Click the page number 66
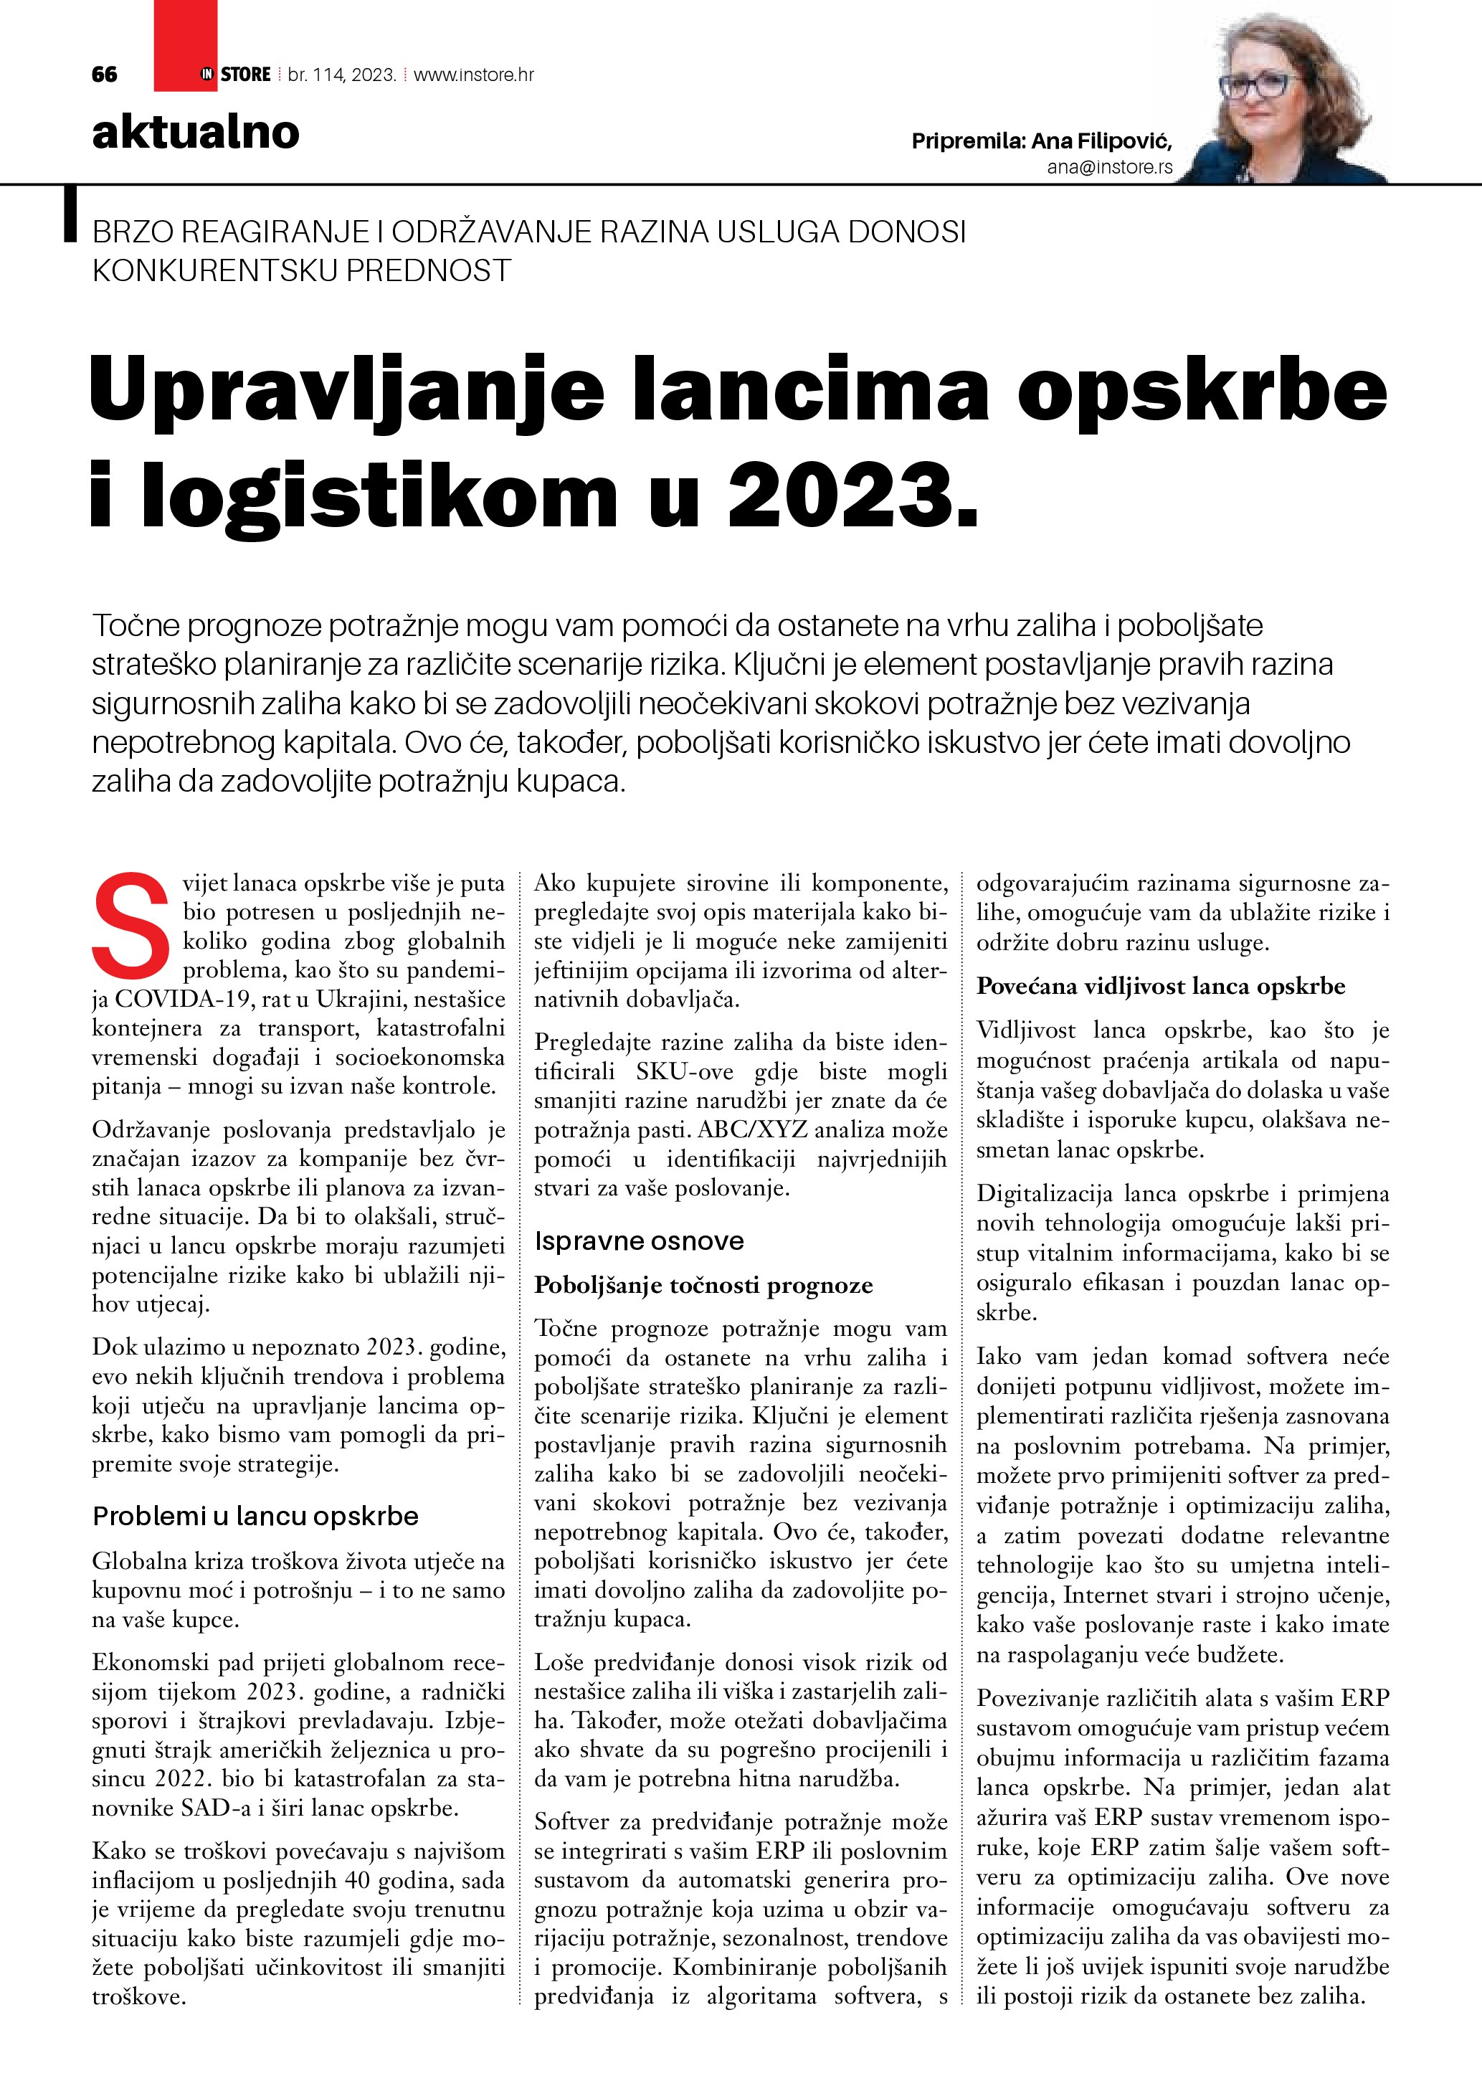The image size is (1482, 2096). click(104, 75)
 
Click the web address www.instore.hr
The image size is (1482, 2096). click(474, 75)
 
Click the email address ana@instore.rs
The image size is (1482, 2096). click(1110, 167)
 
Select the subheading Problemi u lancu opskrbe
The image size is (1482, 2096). click(255, 1517)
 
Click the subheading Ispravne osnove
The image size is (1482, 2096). click(639, 1241)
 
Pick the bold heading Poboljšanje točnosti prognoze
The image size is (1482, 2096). click(703, 1286)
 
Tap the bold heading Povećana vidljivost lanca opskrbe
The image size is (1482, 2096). click(1161, 986)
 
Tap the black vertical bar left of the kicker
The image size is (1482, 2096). click(70, 214)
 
